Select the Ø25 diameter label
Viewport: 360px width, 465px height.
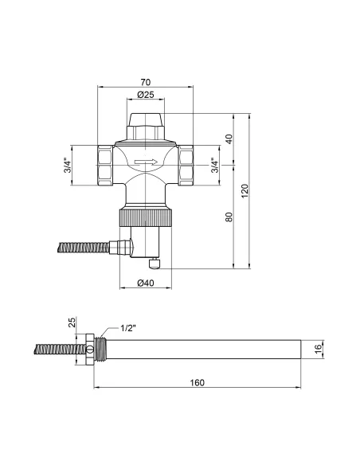click(146, 96)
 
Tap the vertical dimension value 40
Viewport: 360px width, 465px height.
click(229, 139)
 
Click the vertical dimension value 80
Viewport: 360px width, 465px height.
click(229, 217)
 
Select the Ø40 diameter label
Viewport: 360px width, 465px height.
click(146, 283)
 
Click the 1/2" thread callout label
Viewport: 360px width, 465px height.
click(130, 328)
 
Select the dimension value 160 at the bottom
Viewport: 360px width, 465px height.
click(197, 383)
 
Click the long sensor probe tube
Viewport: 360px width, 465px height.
click(203, 349)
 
